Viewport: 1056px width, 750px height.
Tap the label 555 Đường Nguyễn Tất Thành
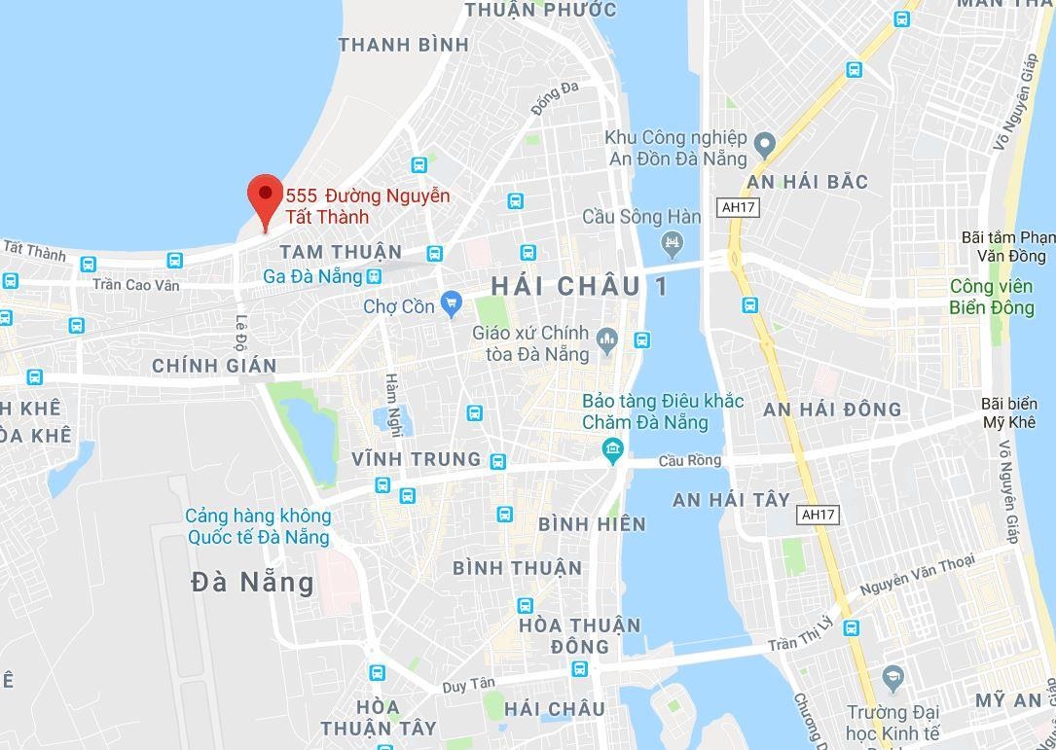pyautogui.click(x=367, y=205)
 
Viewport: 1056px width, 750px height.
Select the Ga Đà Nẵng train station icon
pyautogui.click(x=374, y=276)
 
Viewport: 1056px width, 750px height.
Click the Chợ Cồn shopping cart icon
pyautogui.click(x=450, y=305)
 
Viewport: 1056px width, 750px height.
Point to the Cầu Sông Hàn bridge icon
pyautogui.click(x=672, y=240)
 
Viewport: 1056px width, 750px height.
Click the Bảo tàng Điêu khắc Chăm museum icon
pyautogui.click(x=612, y=447)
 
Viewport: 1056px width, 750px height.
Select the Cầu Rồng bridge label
pyautogui.click(x=689, y=460)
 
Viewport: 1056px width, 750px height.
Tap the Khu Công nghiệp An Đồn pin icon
pyautogui.click(x=765, y=146)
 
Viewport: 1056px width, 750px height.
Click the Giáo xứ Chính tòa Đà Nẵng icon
pyautogui.click(x=608, y=338)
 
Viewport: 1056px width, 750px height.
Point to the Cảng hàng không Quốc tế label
pyautogui.click(x=258, y=526)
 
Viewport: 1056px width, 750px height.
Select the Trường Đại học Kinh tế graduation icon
pyautogui.click(x=892, y=676)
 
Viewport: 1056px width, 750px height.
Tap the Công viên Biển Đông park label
pyautogui.click(x=992, y=297)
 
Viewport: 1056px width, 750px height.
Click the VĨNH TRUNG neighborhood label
pyautogui.click(x=417, y=459)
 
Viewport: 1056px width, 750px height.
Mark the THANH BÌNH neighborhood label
pyautogui.click(x=403, y=45)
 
